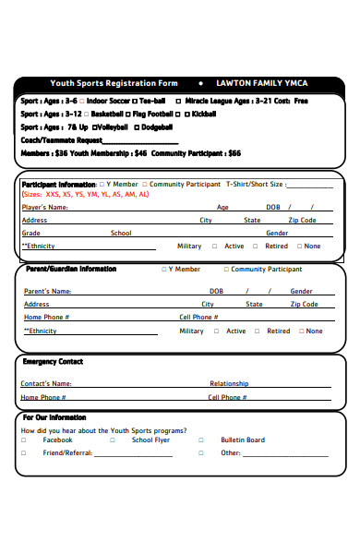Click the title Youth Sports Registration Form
click(x=114, y=83)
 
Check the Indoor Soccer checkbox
click(x=82, y=101)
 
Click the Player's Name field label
click(x=44, y=208)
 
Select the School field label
click(x=121, y=234)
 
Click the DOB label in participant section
click(x=273, y=208)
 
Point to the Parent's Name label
click(x=47, y=291)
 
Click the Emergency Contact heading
click(x=53, y=362)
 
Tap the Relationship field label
click(x=229, y=383)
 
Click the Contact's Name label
click(x=46, y=383)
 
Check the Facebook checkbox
click(x=24, y=440)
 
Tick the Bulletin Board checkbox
click(x=201, y=440)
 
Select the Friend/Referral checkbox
click(x=24, y=453)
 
